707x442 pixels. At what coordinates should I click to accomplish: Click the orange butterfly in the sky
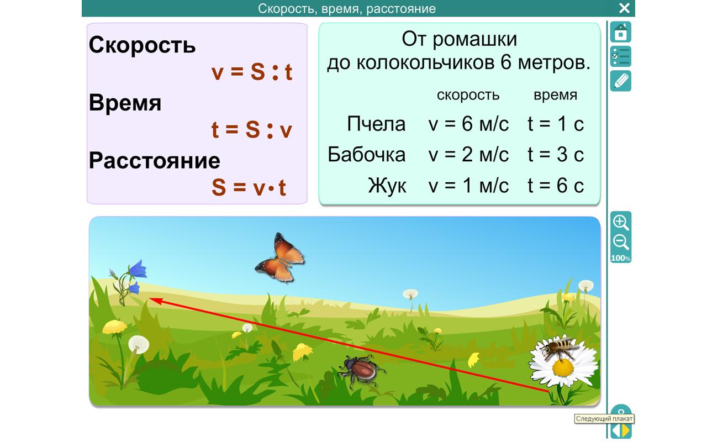pyautogui.click(x=280, y=257)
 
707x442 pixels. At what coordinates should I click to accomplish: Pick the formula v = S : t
pyautogui.click(x=251, y=72)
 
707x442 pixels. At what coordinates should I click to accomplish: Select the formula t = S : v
pyautogui.click(x=251, y=130)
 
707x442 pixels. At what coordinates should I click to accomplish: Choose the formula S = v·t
pyautogui.click(x=249, y=188)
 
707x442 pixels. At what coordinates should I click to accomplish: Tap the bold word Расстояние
pyautogui.click(x=154, y=161)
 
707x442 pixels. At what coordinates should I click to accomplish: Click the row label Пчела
pyautogui.click(x=376, y=124)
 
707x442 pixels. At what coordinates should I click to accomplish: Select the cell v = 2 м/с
pyautogui.click(x=468, y=155)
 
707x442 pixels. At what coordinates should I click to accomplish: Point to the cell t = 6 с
pyautogui.click(x=555, y=186)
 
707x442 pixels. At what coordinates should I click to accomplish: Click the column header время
pyautogui.click(x=555, y=95)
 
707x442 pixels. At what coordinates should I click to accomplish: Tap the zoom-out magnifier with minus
pyautogui.click(x=621, y=242)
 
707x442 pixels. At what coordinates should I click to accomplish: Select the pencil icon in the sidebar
pyautogui.click(x=621, y=81)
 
